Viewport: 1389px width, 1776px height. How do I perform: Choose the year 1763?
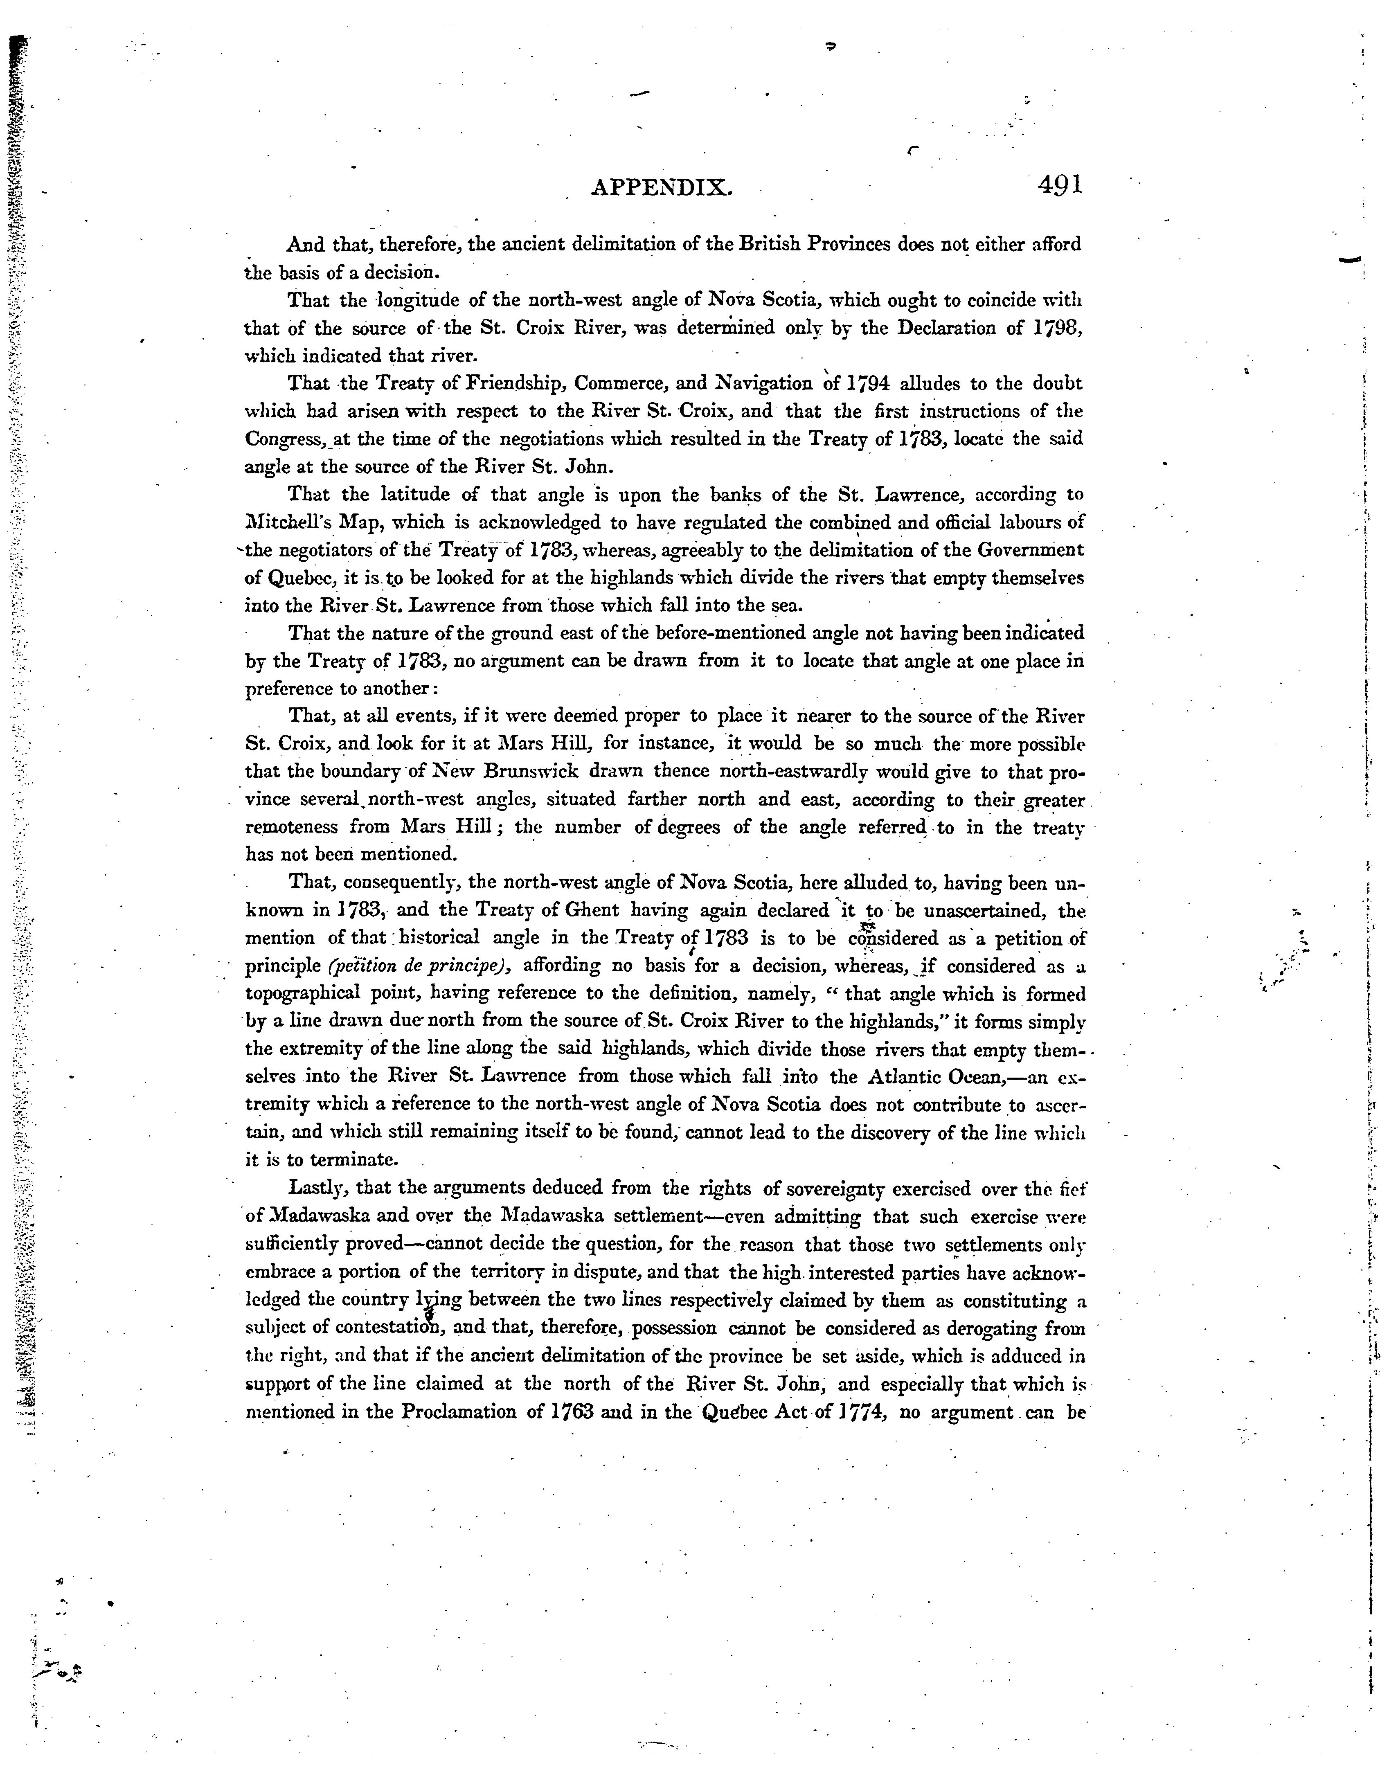tap(573, 1412)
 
